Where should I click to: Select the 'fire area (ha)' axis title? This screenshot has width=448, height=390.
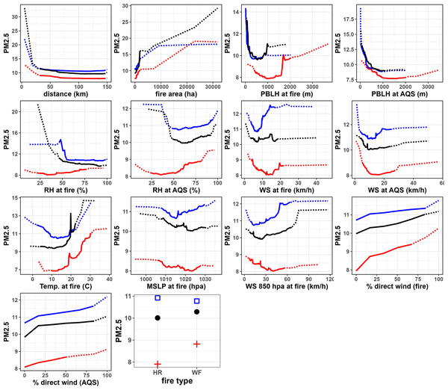tap(176, 94)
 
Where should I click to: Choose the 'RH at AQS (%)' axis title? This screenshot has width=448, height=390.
tap(176, 191)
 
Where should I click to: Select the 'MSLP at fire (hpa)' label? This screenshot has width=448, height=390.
tap(176, 288)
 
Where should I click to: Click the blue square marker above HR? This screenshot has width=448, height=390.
tap(158, 298)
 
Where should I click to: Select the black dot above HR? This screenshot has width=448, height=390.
tap(158, 318)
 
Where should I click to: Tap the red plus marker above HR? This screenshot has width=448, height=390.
tap(158, 364)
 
